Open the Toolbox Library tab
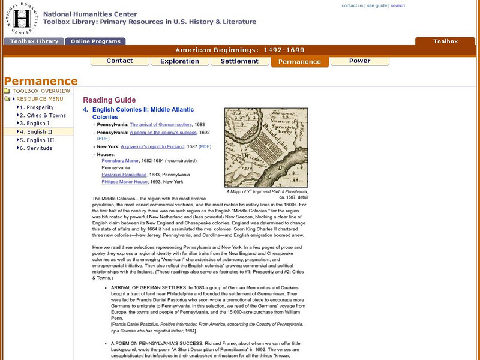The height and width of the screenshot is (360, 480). coord(34,42)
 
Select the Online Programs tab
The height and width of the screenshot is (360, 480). coord(95,42)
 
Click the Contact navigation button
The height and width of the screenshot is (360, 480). coord(119,61)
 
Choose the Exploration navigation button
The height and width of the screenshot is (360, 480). coord(179,61)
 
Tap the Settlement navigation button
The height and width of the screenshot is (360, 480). coord(239,61)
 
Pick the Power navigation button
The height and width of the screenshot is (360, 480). coord(359,61)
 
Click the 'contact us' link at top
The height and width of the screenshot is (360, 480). coord(352,5)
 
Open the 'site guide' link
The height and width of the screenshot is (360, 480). coord(377,5)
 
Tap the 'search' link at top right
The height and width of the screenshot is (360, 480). coord(398,5)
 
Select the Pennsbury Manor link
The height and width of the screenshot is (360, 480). coord(120,161)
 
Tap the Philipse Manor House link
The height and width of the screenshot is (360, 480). coord(124,182)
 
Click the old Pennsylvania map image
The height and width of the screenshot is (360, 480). coord(266,148)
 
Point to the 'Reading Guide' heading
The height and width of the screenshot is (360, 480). coord(109,100)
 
